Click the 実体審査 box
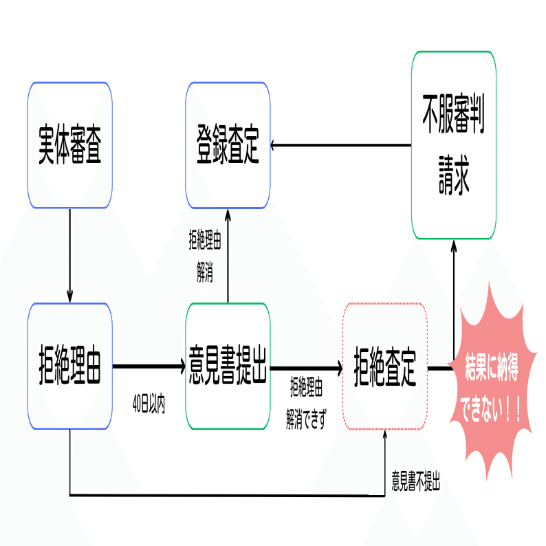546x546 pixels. pyautogui.click(x=70, y=145)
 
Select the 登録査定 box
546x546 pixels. pyautogui.click(x=228, y=145)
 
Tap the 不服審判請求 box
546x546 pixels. pyautogui.click(x=454, y=145)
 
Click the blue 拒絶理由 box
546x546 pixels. pyautogui.click(x=70, y=366)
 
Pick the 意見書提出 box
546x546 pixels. pyautogui.click(x=228, y=366)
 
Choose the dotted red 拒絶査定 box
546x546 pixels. pyautogui.click(x=385, y=367)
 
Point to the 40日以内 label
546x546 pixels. pyautogui.click(x=149, y=404)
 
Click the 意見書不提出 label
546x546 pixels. pyautogui.click(x=416, y=481)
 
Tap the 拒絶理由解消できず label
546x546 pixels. pyautogui.click(x=307, y=403)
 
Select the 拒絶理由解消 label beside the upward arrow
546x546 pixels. pyautogui.click(x=205, y=256)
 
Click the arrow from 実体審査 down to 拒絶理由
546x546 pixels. pyautogui.click(x=70, y=256)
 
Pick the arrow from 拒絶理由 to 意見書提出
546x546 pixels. pyautogui.click(x=149, y=367)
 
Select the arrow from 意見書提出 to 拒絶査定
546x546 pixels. pyautogui.click(x=307, y=368)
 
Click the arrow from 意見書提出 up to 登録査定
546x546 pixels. pyautogui.click(x=228, y=256)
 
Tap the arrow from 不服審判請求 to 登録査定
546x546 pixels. pyautogui.click(x=341, y=145)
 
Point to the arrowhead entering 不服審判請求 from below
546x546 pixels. pyautogui.click(x=454, y=246)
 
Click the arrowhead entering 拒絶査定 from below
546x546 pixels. pyautogui.click(x=385, y=435)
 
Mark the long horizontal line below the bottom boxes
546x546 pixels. pyautogui.click(x=228, y=495)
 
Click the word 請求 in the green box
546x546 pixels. pyautogui.click(x=454, y=175)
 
